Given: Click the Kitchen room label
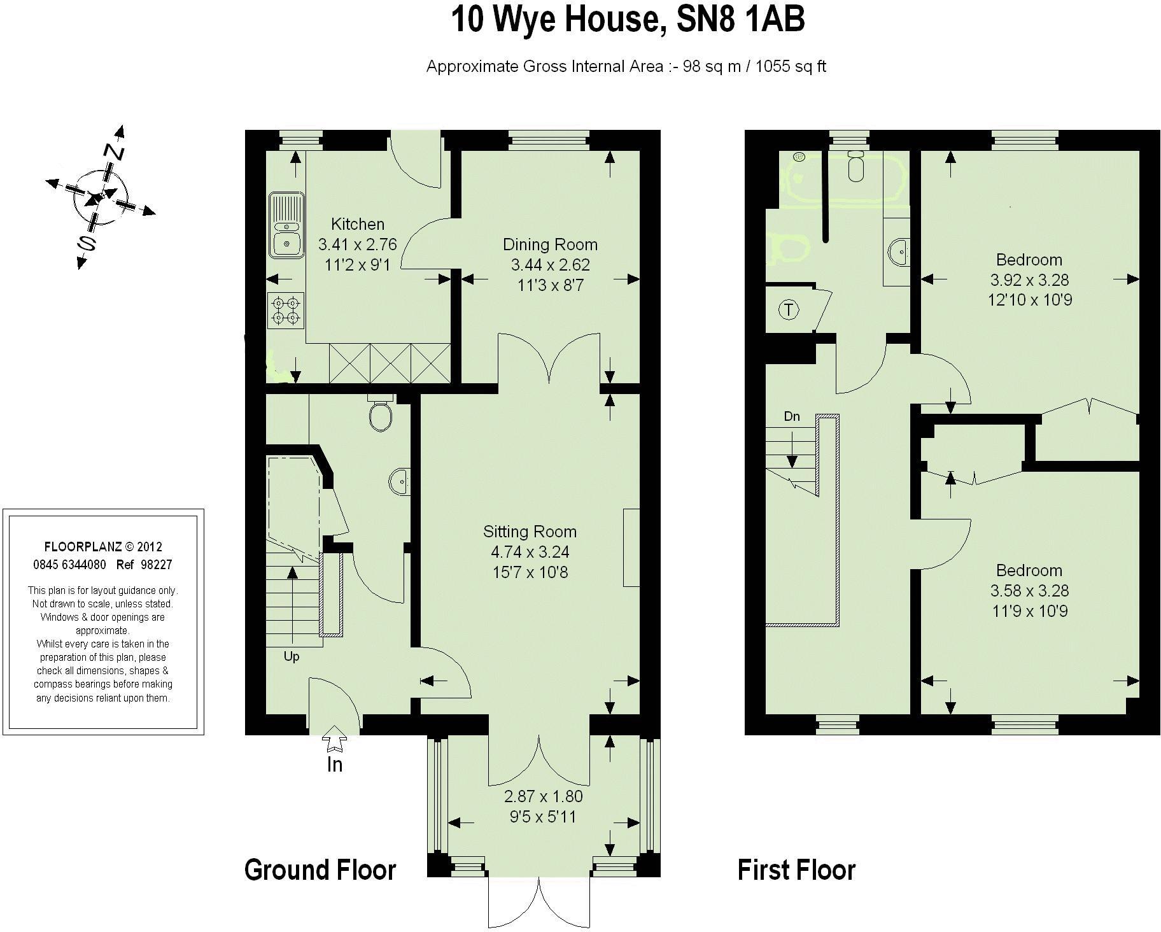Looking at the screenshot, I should pos(358,224).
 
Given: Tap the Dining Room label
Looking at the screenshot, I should pos(550,244).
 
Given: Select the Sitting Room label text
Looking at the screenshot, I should pos(530,532).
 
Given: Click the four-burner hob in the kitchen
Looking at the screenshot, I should pos(286,310).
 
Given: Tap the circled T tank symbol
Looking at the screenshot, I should pos(789,310).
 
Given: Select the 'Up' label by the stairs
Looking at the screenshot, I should pos(292,656).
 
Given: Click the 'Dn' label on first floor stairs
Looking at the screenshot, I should pos(792,416).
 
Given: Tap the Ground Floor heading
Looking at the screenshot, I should pos(320,870).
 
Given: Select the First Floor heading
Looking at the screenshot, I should pos(796,870).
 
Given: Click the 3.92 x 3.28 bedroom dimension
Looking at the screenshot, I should pos(1029,279).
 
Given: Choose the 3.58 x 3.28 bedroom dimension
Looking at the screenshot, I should pos(1029,591).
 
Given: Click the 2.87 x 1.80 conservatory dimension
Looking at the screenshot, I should pos(543,796).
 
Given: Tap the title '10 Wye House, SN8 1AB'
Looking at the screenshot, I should pos(628,20).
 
